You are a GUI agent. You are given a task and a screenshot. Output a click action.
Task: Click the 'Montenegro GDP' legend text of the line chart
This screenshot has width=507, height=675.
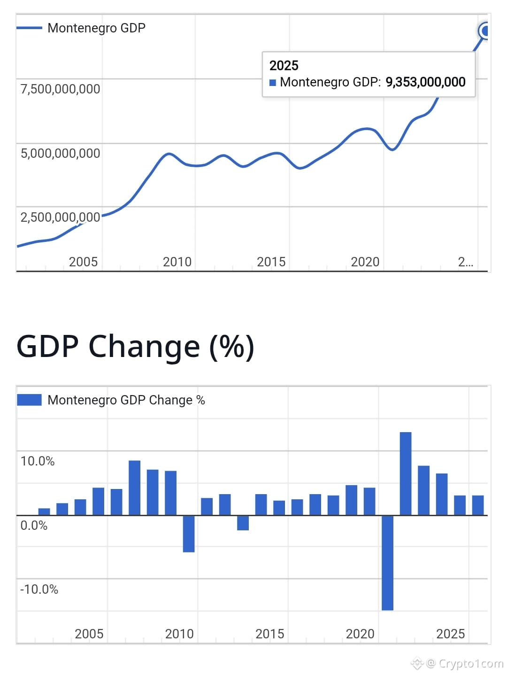coord(96,28)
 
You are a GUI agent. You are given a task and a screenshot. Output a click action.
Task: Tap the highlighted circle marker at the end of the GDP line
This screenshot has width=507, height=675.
coord(484,31)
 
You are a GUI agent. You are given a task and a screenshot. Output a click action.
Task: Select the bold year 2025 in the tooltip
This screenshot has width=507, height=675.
coord(284,65)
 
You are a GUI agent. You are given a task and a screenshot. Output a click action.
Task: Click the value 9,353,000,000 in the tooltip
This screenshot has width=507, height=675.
coord(425,82)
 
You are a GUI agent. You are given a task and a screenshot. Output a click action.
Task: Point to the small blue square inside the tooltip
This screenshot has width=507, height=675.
coord(273,83)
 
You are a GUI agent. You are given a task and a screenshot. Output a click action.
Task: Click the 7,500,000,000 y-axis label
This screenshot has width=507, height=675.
coord(60,89)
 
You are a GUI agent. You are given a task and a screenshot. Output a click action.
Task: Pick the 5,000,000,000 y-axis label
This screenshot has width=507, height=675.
coord(60,153)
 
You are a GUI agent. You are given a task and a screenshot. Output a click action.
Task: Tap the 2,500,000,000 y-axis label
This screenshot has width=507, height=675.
coord(60,217)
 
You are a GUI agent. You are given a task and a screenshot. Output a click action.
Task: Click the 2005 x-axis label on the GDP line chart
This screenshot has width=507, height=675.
coord(83,262)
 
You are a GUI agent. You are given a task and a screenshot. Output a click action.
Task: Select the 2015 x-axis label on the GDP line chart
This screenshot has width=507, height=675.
coord(271,262)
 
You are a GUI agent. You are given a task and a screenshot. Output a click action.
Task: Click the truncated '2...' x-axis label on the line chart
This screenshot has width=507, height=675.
coord(465,262)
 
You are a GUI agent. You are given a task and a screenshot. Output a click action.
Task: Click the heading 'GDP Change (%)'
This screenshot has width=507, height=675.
coord(135,347)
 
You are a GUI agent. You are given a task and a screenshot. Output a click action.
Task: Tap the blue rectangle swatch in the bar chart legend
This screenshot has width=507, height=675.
coord(29,400)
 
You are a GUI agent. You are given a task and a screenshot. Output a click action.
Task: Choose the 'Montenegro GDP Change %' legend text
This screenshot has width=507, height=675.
coord(126,400)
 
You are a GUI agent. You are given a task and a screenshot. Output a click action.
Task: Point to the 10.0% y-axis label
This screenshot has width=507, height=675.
coord(38,461)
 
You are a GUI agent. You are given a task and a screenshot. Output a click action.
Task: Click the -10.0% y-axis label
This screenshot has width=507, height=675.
coord(39,589)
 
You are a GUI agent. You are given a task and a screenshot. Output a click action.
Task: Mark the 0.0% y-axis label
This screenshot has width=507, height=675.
coord(34,525)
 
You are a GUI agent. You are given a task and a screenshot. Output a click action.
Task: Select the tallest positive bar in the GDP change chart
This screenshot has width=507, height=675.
coord(406,473)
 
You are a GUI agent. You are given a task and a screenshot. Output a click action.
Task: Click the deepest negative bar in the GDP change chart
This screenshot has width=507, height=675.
coord(387,563)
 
